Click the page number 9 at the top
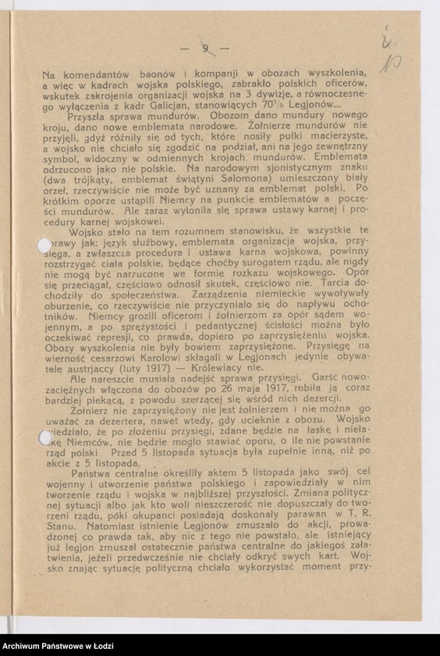tap(205, 48)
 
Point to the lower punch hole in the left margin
tap(45, 438)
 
